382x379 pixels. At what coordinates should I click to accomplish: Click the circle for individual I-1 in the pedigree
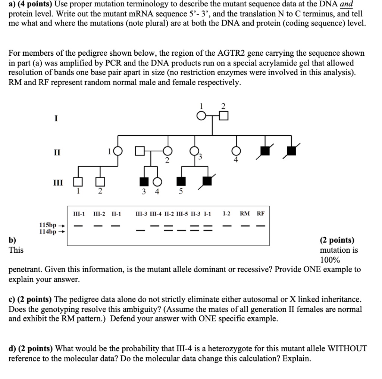pos(202,117)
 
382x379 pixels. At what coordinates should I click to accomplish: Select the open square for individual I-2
pos(223,117)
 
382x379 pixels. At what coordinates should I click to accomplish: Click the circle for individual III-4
pos(157,181)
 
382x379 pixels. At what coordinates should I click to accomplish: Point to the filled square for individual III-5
pos(181,181)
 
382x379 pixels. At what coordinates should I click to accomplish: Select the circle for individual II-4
pos(236,151)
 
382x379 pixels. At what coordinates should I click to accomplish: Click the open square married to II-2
pos(140,151)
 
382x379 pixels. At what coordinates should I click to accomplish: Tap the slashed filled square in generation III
pos(207,181)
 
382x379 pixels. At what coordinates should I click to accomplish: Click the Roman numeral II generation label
pos(56,152)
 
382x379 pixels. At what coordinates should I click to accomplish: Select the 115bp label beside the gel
pos(47,225)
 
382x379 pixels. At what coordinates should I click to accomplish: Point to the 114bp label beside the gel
pos(47,231)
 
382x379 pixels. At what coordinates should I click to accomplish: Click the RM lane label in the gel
pos(245,214)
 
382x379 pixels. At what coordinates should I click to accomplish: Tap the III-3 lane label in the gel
pos(142,214)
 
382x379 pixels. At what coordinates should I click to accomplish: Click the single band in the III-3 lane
pos(141,230)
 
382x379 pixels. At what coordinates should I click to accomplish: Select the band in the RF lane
pos(260,226)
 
